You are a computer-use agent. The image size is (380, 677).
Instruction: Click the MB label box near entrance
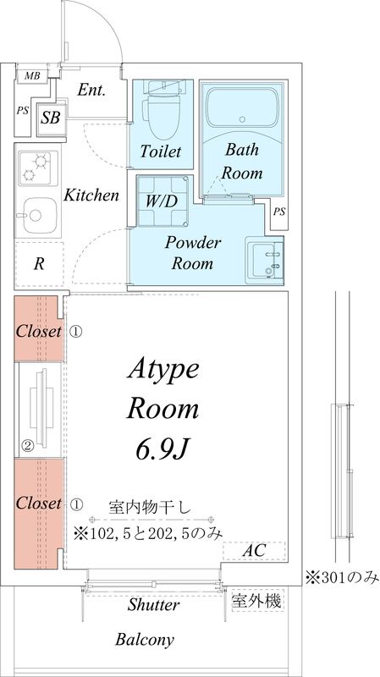pyautogui.click(x=31, y=76)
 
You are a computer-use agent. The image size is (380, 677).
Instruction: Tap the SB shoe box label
pyautogui.click(x=51, y=118)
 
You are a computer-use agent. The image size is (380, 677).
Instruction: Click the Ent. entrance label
pyautogui.click(x=91, y=90)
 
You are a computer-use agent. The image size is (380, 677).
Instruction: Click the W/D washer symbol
pyautogui.click(x=162, y=201)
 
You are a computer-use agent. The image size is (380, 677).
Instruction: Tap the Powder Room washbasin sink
pyautogui.click(x=264, y=258)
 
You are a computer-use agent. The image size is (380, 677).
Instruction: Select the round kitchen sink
pyautogui.click(x=36, y=213)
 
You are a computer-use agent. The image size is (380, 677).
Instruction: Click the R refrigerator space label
pyautogui.click(x=38, y=263)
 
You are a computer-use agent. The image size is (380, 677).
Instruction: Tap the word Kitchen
pyautogui.click(x=91, y=195)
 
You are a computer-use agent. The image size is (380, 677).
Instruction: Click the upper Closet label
pyautogui.click(x=39, y=332)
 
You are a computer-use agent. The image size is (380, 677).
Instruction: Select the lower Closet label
pyautogui.click(x=39, y=503)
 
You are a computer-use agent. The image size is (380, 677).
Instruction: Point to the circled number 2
pyautogui.click(x=27, y=446)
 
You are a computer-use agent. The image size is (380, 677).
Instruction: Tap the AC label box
pyautogui.click(x=254, y=551)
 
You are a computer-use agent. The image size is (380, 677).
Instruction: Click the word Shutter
pyautogui.click(x=153, y=606)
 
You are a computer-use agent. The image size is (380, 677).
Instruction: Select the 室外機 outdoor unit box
pyautogui.click(x=257, y=602)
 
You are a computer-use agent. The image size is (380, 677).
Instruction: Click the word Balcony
pyautogui.click(x=145, y=640)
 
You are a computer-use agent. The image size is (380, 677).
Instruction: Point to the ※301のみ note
pyautogui.click(x=342, y=578)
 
